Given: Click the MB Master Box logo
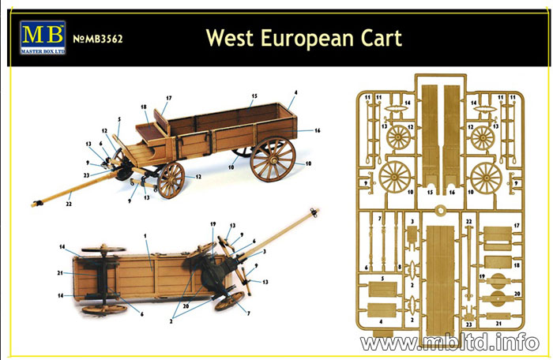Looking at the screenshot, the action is (x=43, y=37).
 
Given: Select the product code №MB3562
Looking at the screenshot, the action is (x=98, y=39).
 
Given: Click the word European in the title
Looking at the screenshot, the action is (x=307, y=39).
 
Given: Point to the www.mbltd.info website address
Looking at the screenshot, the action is (x=450, y=342).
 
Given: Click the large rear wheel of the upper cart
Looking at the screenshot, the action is (x=273, y=159).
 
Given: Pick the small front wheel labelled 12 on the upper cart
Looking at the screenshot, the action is (x=171, y=180).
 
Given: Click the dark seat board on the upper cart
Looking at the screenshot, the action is (x=151, y=132).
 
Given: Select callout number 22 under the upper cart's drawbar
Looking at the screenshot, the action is (x=69, y=204).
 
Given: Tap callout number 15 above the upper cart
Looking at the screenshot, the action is (x=254, y=96).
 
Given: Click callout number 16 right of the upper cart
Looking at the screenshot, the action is (x=317, y=130).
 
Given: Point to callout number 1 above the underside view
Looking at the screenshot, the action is (x=145, y=235).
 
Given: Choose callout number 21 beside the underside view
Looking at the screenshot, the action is (x=60, y=272).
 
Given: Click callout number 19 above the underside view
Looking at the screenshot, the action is (x=213, y=224).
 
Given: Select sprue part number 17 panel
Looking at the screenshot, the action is (x=498, y=238).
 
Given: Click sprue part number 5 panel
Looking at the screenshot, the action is (x=383, y=289).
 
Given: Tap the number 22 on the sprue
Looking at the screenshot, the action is (x=468, y=221).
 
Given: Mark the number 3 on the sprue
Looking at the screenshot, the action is (x=412, y=221).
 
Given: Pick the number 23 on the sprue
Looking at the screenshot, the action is (x=468, y=324).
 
